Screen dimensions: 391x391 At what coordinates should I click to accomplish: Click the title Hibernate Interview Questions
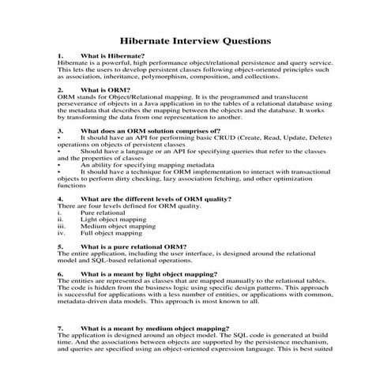pyautogui.click(x=195, y=39)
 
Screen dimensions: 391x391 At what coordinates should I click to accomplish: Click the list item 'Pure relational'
pyautogui.click(x=103, y=212)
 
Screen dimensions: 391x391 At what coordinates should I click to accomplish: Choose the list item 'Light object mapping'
pyautogui.click(x=111, y=220)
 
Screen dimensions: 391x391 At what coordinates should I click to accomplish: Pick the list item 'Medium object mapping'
pyautogui.click(x=117, y=227)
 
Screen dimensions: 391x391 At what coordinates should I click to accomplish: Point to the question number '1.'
pyautogui.click(x=62, y=56)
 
